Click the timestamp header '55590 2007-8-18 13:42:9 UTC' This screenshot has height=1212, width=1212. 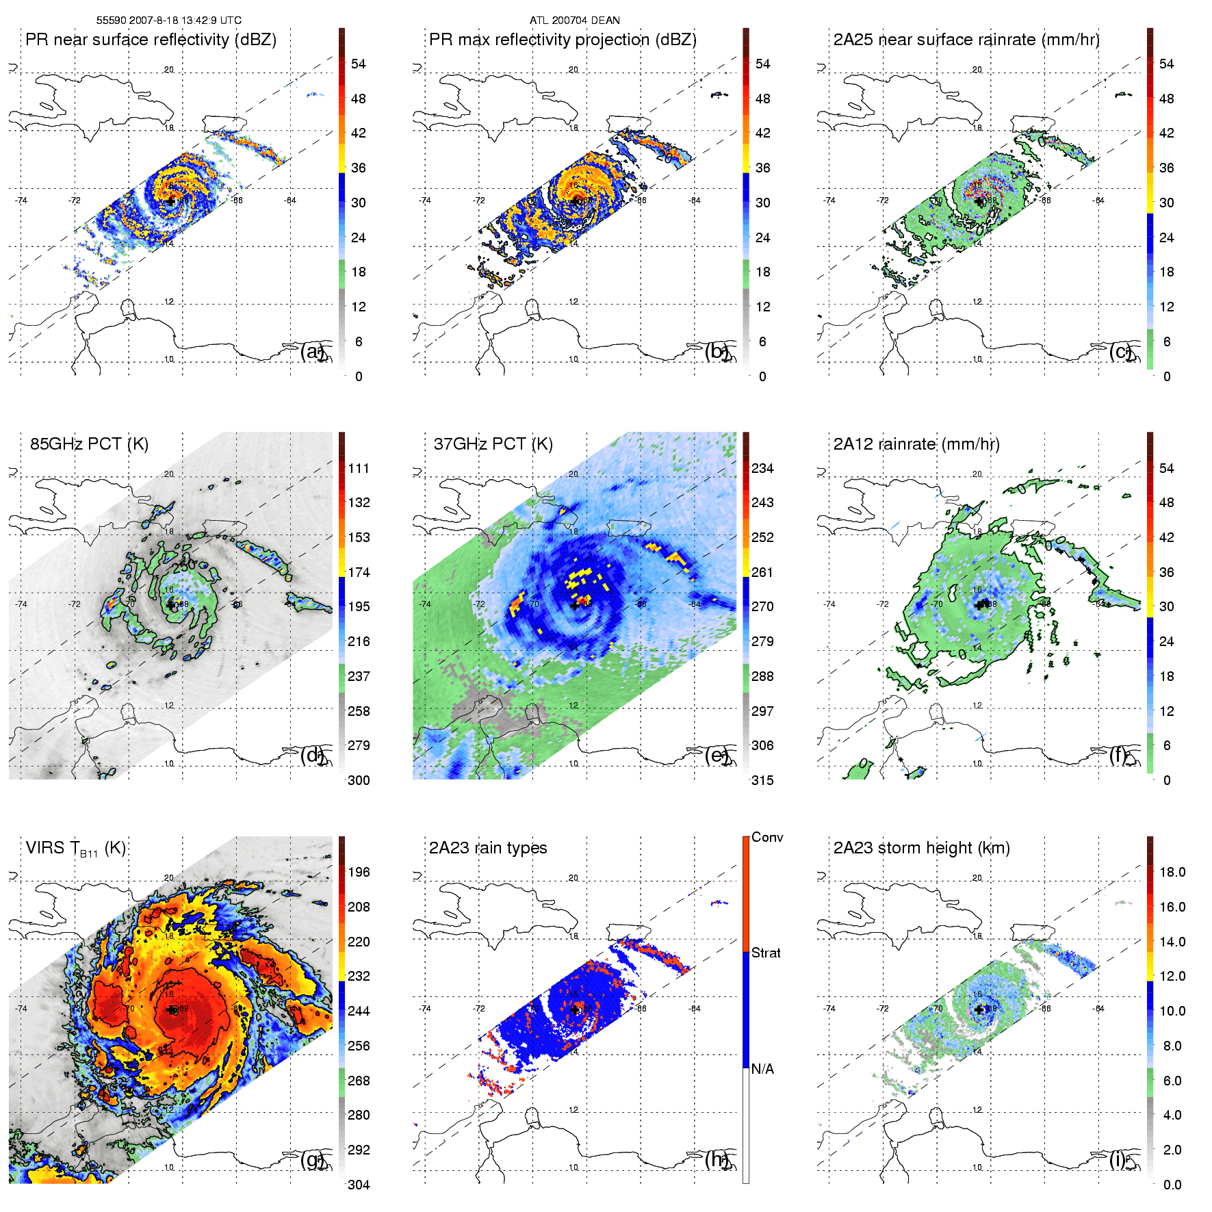pos(168,21)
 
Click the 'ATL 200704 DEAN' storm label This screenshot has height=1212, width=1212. pos(574,21)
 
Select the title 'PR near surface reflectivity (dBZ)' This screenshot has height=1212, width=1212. pos(151,40)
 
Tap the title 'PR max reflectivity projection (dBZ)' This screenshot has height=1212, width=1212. pos(563,40)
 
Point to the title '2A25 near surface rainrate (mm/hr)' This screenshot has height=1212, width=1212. pos(966,40)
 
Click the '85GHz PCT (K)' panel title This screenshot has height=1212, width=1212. pos(89,444)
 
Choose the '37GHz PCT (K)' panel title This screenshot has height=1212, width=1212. pos(493,444)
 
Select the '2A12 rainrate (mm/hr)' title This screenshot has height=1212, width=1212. pos(916,444)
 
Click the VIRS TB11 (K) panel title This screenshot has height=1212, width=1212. pos(75,849)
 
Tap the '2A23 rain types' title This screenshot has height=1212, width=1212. pos(488,849)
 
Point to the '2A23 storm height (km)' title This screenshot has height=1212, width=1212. pos(921,849)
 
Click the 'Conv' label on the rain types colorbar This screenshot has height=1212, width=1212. pos(767,838)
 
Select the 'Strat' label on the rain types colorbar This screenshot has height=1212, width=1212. pos(766,953)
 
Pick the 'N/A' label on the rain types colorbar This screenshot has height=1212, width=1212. pos(762,1069)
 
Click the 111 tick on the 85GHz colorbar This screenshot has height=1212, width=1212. pos(359,469)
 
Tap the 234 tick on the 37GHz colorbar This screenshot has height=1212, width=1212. pos(762,469)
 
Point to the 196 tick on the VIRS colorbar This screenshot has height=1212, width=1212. pos(359,873)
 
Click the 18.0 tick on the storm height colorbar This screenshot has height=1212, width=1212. pos(1172,873)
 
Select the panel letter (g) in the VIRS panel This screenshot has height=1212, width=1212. pos(313,1159)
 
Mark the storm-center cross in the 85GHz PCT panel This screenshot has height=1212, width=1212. pos(170,604)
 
